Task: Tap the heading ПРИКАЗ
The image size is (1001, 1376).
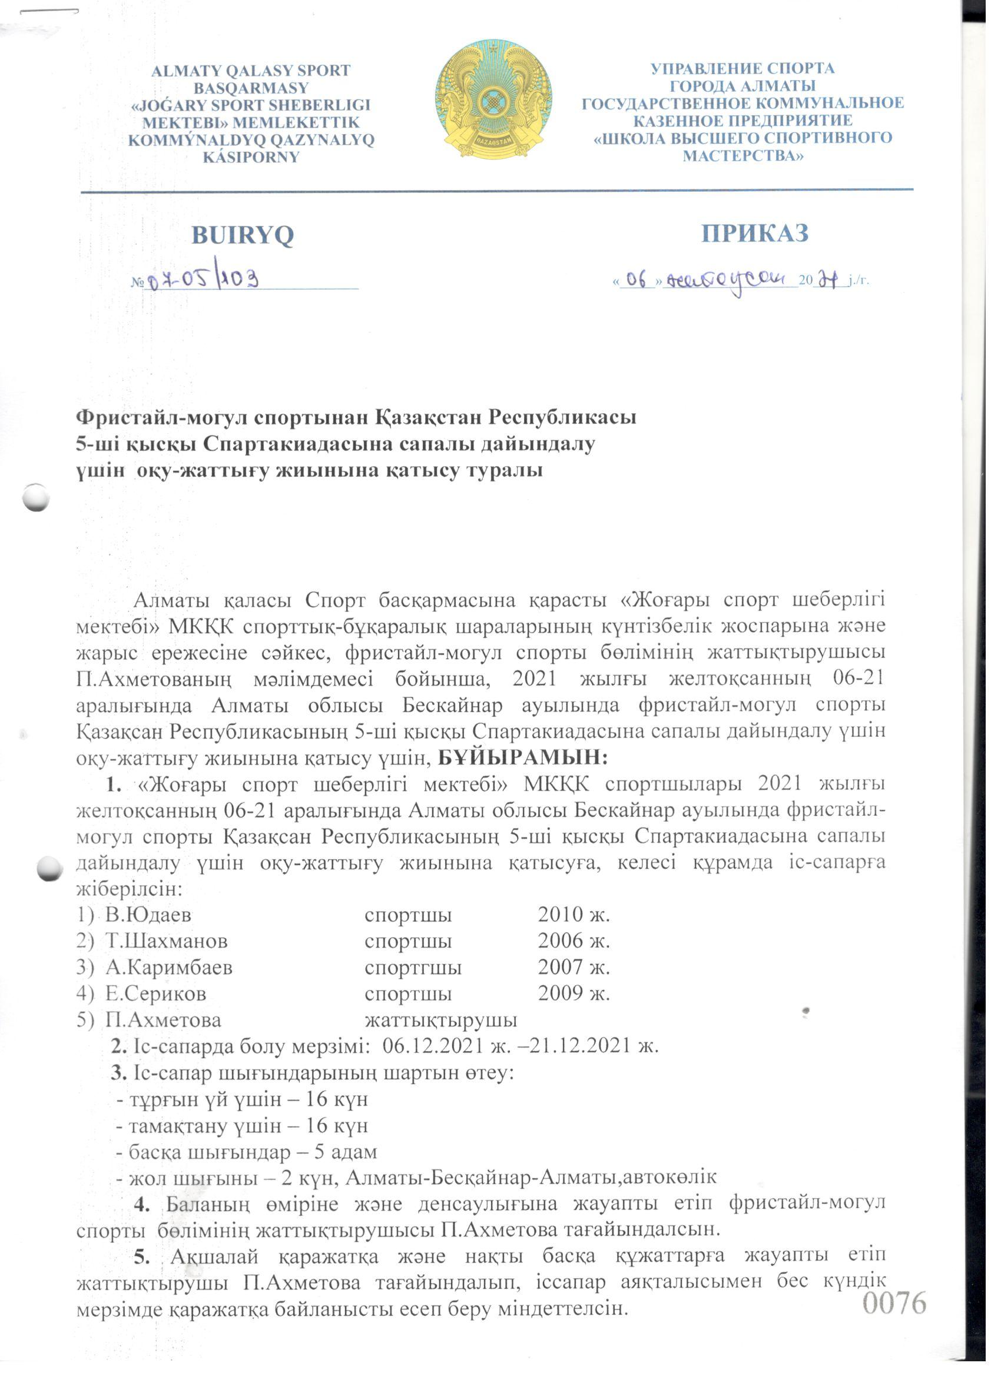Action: coord(755,233)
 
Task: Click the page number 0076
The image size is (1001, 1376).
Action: coord(894,1302)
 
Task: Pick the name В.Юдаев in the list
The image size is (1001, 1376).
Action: coord(148,915)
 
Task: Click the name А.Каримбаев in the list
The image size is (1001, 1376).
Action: coord(169,967)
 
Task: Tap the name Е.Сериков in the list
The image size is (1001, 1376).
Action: coord(155,993)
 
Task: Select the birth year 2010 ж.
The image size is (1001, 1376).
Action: coord(574,915)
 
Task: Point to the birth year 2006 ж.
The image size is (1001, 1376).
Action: coord(574,941)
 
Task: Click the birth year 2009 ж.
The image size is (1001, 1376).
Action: coord(574,993)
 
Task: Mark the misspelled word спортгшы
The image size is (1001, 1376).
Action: coord(413,967)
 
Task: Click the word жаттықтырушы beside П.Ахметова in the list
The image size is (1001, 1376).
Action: coord(440,1020)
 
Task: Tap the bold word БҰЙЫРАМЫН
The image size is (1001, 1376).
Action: coord(523,757)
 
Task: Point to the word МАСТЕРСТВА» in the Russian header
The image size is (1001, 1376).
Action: coord(743,156)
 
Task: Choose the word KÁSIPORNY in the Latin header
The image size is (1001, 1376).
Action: coord(251,157)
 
